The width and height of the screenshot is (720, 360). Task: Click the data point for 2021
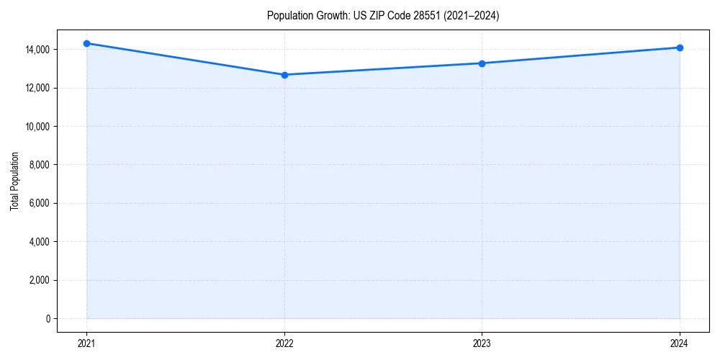pyautogui.click(x=86, y=43)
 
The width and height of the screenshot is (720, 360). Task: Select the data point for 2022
pyautogui.click(x=284, y=75)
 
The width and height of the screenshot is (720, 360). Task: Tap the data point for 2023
pyautogui.click(x=482, y=63)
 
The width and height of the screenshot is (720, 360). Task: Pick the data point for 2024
pyautogui.click(x=680, y=48)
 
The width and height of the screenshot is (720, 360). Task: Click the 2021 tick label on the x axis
pyautogui.click(x=86, y=343)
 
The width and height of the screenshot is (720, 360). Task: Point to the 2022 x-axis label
pyautogui.click(x=284, y=343)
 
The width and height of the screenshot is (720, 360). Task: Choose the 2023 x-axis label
pyautogui.click(x=482, y=343)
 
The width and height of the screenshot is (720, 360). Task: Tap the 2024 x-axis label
pyautogui.click(x=680, y=343)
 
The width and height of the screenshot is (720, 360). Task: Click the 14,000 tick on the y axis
pyautogui.click(x=37, y=50)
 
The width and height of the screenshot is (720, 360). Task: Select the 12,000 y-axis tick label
pyautogui.click(x=37, y=88)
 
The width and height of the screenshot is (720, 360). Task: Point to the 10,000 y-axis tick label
pyautogui.click(x=37, y=127)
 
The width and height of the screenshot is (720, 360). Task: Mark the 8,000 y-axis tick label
pyautogui.click(x=39, y=165)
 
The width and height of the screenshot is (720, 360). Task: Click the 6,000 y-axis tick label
pyautogui.click(x=39, y=203)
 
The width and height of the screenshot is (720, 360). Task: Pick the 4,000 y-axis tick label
pyautogui.click(x=39, y=242)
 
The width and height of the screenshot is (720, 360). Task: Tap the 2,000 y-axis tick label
pyautogui.click(x=39, y=280)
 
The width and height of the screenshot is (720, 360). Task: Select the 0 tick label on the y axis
pyautogui.click(x=48, y=318)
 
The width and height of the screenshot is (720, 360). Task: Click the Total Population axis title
pyautogui.click(x=14, y=181)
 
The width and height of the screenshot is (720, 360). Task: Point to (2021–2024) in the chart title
pyautogui.click(x=473, y=16)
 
